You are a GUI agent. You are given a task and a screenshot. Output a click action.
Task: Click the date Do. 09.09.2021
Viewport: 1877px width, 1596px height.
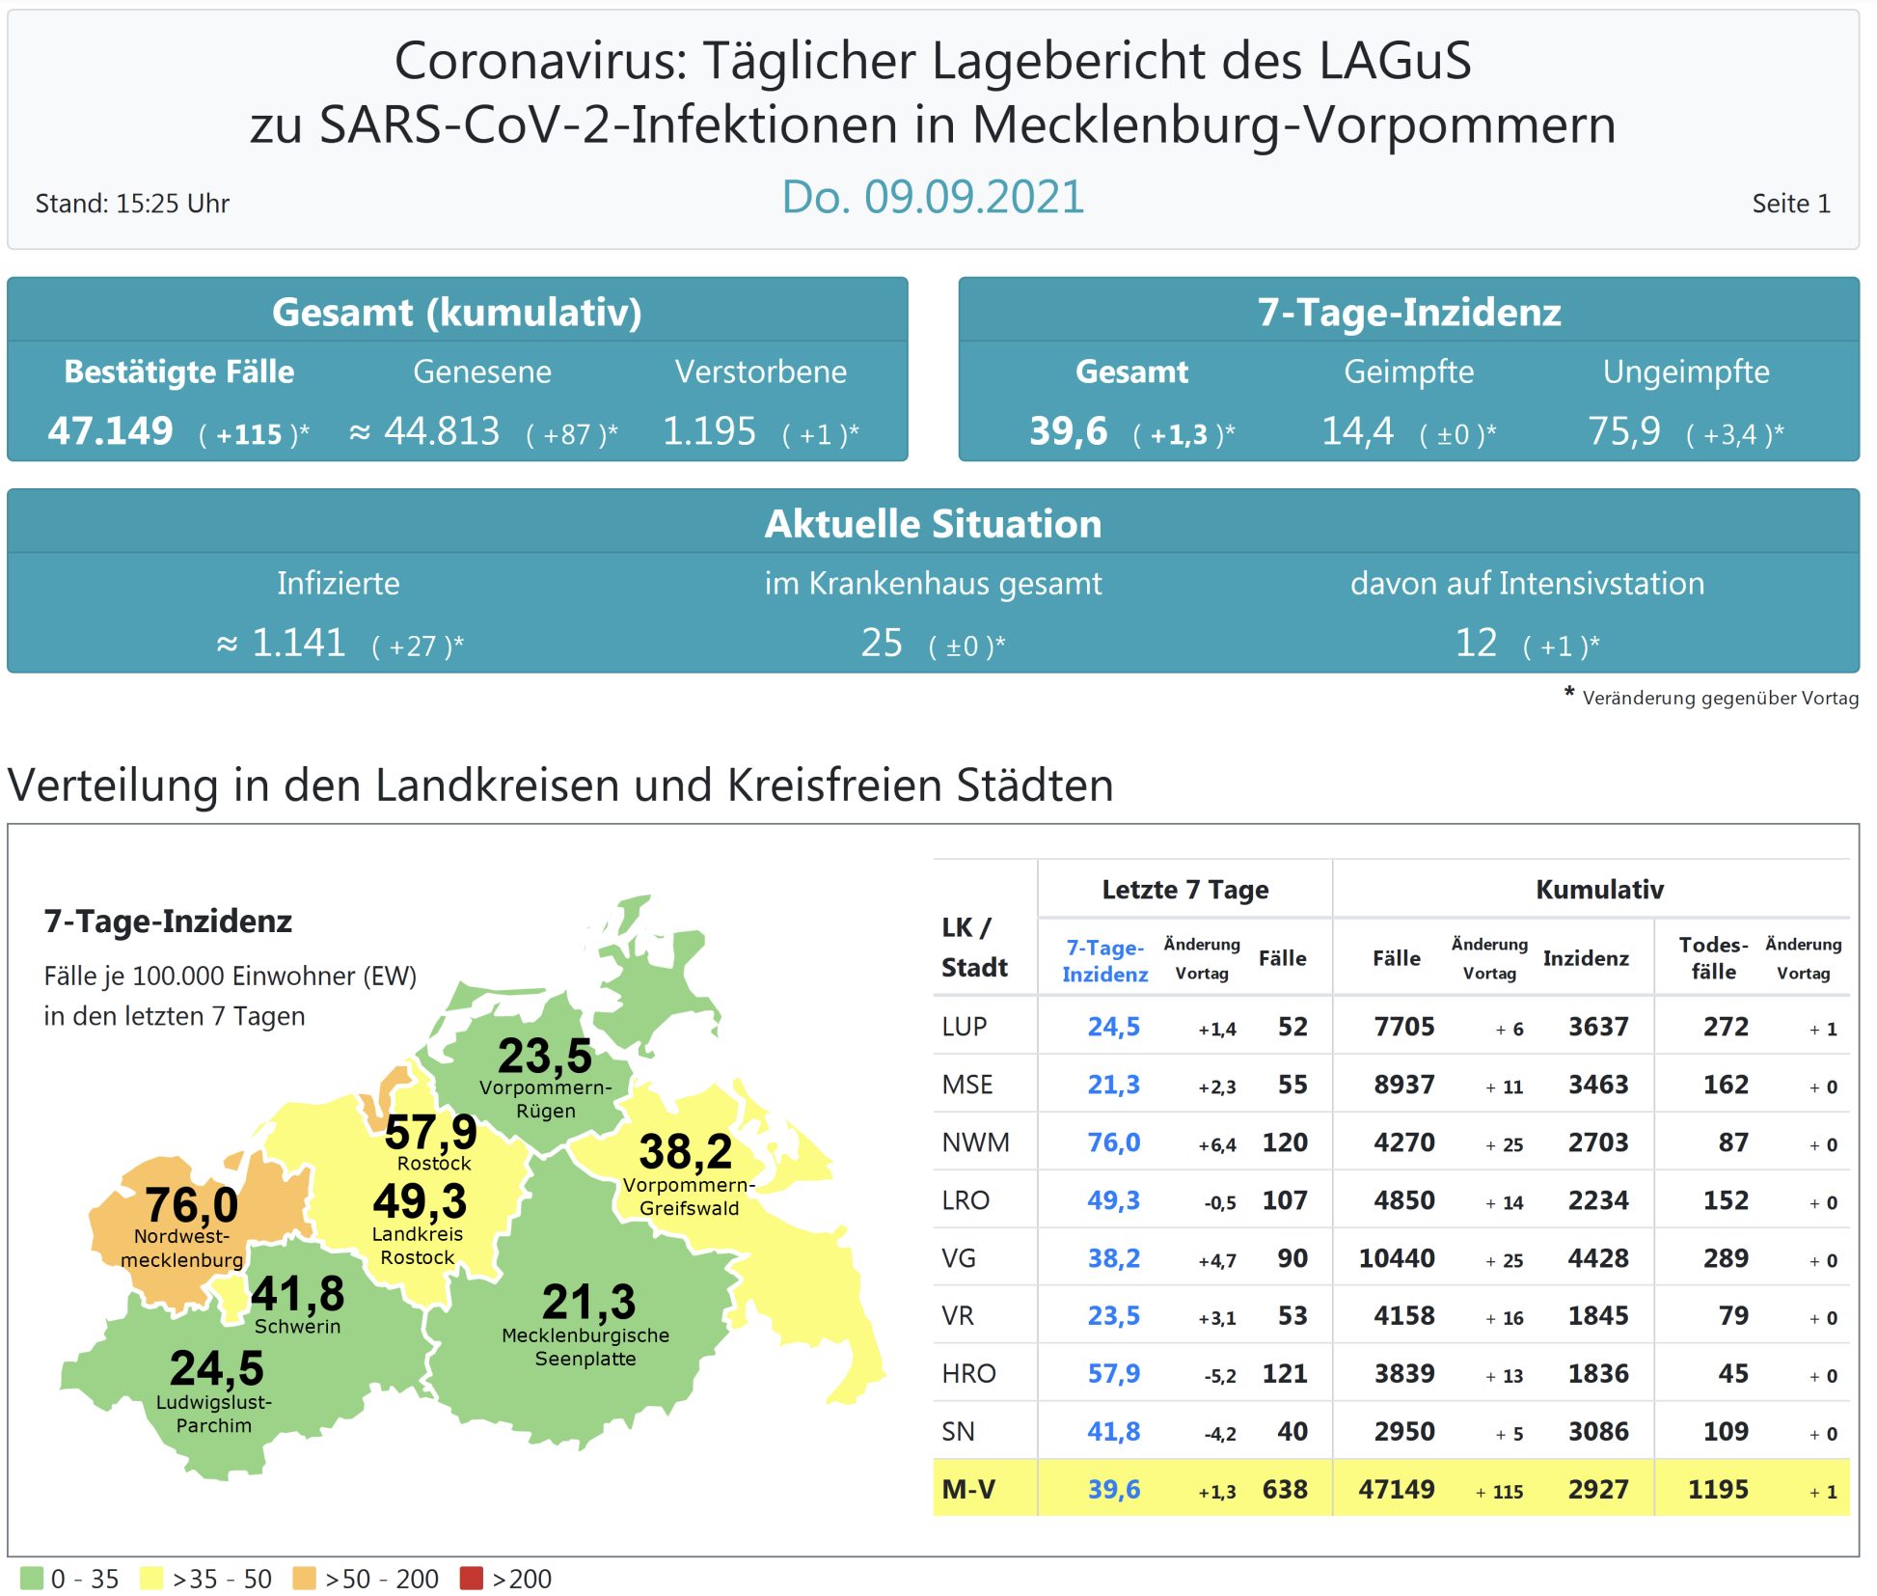tap(932, 198)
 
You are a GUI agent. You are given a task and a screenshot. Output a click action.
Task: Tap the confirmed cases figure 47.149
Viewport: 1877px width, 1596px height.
tap(111, 431)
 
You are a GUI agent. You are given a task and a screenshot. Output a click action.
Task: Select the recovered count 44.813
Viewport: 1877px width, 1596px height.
tap(441, 431)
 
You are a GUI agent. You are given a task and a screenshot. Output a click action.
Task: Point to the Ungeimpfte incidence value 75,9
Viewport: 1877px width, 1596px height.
tap(1624, 431)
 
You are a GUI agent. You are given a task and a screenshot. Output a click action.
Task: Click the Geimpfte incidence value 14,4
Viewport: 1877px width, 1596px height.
tap(1357, 431)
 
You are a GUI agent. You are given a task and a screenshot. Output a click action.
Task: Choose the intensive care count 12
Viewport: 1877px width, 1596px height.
tap(1476, 644)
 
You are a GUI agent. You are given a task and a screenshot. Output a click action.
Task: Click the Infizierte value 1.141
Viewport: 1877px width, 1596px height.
tap(298, 644)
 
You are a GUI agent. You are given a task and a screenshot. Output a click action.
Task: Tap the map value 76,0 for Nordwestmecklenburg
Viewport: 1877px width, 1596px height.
tap(191, 1204)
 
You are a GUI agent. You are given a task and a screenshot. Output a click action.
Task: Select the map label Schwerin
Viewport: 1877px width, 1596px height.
tap(297, 1327)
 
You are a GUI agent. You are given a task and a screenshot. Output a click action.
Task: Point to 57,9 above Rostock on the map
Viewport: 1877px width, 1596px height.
tap(430, 1132)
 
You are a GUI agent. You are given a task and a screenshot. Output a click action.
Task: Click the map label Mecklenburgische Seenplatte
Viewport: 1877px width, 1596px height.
tap(585, 1347)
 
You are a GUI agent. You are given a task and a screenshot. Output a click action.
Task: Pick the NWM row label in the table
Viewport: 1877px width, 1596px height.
tap(975, 1142)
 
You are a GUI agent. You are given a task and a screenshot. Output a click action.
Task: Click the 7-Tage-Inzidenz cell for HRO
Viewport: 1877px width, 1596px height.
tap(1113, 1374)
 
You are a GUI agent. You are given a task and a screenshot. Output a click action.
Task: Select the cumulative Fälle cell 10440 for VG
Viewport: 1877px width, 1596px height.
tap(1396, 1258)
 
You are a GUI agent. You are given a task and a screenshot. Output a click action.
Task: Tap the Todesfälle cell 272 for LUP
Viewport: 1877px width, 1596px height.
tap(1726, 1027)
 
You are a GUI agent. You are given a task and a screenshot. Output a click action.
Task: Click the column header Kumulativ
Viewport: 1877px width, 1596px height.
tap(1599, 890)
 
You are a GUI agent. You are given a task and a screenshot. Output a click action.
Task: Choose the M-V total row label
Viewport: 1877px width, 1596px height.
tap(968, 1490)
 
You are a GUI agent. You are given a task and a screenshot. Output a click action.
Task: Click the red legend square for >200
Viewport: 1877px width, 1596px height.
tap(471, 1579)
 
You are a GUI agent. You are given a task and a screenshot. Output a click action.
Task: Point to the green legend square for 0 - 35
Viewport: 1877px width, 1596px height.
tap(32, 1579)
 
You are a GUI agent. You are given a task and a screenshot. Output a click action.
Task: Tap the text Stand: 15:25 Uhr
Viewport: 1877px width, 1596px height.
tap(132, 204)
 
